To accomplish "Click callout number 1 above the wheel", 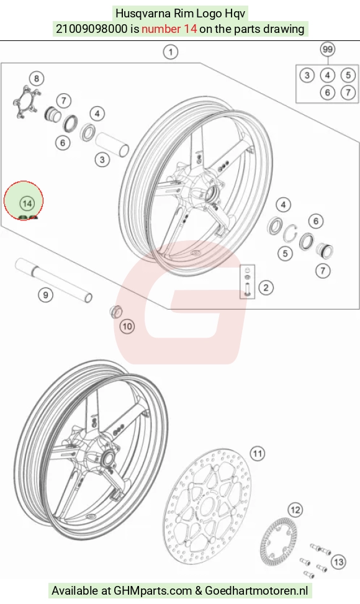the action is point(171,52).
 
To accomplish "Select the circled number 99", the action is point(327,49).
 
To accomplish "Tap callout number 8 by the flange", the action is point(37,79).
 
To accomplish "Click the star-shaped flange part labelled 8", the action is point(25,102).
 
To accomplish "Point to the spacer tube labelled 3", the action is point(112,145).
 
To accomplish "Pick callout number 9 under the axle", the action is point(45,295).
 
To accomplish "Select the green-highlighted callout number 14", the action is point(27,204).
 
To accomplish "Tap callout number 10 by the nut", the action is point(127,327).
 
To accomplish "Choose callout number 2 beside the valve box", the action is point(266,287).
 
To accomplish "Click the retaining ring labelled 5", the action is point(290,233).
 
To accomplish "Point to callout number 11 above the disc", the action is point(257,453).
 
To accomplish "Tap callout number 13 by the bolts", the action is point(338,562).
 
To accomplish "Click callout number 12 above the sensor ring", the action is point(295,510).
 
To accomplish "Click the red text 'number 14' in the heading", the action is point(169,29).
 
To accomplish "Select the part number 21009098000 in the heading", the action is point(92,29).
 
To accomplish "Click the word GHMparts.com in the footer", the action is point(153,590).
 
